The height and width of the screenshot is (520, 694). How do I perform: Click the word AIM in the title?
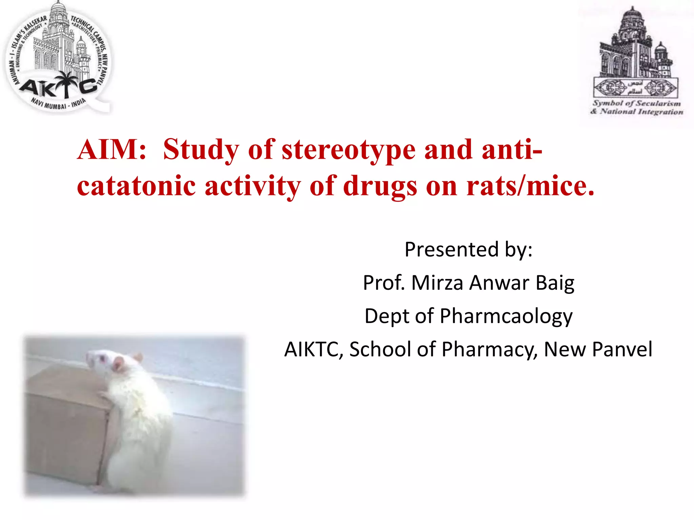coord(111,149)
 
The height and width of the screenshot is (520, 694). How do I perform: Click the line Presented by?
coord(468,250)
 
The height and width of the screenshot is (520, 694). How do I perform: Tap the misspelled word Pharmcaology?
coord(506,316)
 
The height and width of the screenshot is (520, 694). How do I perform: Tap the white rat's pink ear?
coord(119,363)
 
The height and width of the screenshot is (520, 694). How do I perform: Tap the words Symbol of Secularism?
coord(636,103)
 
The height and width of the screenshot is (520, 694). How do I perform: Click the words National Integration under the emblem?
coord(641,111)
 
